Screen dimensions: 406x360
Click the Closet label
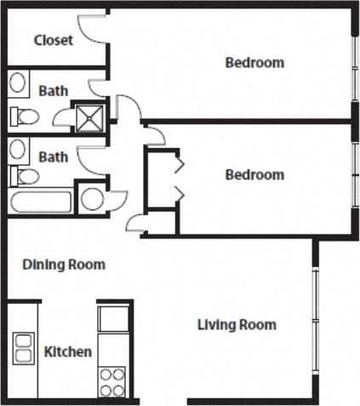[53, 40]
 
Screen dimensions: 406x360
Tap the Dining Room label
[63, 265]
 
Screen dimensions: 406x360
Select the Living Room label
[237, 324]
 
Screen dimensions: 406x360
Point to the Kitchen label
[67, 352]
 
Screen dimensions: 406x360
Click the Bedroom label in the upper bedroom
[254, 62]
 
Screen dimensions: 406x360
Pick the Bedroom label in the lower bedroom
[254, 174]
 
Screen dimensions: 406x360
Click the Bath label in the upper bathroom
[53, 89]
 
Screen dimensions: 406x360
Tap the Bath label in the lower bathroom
[53, 157]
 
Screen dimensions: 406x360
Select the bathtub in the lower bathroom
[42, 202]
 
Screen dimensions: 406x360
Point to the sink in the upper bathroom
[18, 83]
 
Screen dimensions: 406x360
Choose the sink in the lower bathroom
[18, 150]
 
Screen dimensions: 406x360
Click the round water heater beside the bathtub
[92, 200]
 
